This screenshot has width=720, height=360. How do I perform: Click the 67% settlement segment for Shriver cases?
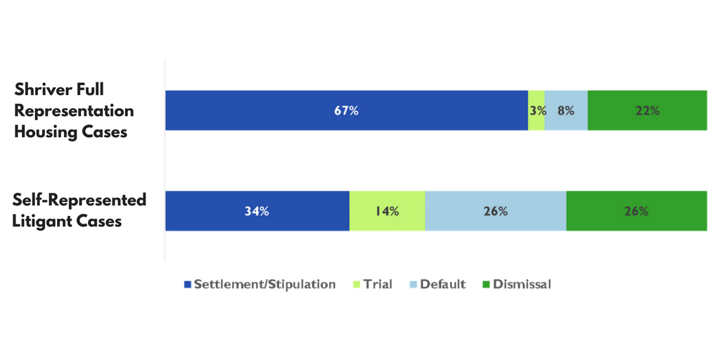click(x=347, y=110)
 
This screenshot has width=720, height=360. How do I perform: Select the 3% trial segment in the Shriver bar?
click(x=536, y=110)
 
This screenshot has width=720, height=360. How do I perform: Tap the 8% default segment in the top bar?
click(x=566, y=110)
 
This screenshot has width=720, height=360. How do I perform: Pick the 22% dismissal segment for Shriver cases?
click(x=648, y=110)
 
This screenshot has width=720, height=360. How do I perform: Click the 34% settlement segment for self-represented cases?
click(x=257, y=211)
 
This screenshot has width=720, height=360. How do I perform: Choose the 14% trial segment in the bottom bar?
click(x=387, y=211)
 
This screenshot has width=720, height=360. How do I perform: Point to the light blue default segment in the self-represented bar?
click(x=496, y=211)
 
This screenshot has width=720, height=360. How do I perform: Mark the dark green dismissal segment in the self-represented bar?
click(x=637, y=211)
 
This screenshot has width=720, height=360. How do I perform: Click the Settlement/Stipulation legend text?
click(x=264, y=284)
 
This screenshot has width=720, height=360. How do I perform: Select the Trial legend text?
click(x=378, y=284)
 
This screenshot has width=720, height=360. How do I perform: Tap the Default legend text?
click(x=443, y=284)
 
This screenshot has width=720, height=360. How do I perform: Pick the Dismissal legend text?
click(x=522, y=284)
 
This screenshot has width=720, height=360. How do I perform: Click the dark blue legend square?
click(x=187, y=285)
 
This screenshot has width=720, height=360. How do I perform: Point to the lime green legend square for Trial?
click(x=356, y=285)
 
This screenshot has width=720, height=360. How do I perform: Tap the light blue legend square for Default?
click(x=413, y=285)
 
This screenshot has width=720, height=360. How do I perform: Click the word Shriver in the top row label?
click(x=43, y=90)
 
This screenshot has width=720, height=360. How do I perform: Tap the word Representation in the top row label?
click(x=74, y=112)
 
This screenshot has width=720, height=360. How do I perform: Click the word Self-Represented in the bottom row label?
click(x=79, y=200)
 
